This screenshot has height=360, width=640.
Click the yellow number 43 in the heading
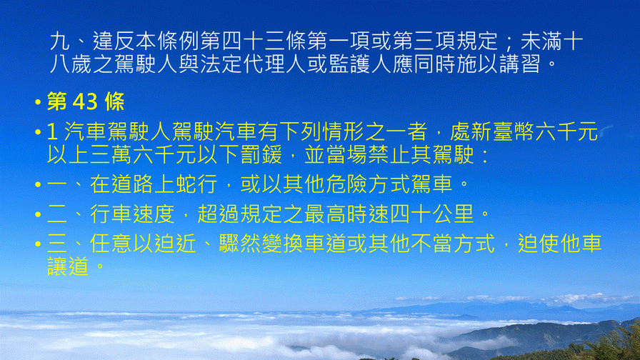click(85, 101)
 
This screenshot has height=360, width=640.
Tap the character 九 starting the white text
click(60, 41)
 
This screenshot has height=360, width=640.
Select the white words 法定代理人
click(253, 64)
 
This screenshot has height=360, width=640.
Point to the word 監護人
click(360, 64)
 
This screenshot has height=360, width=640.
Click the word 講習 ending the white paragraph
click(519, 64)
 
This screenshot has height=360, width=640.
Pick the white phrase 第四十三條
click(254, 41)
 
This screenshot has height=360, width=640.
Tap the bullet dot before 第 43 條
click(38, 102)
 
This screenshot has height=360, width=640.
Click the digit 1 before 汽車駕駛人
click(52, 131)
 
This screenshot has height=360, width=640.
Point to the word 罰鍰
click(261, 154)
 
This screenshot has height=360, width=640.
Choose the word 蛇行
click(196, 184)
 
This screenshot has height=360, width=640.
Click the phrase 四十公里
click(432, 214)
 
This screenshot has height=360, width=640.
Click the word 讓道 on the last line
click(68, 266)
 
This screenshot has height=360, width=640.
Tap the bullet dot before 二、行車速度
click(38, 214)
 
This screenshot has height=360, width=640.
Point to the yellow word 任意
click(111, 244)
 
